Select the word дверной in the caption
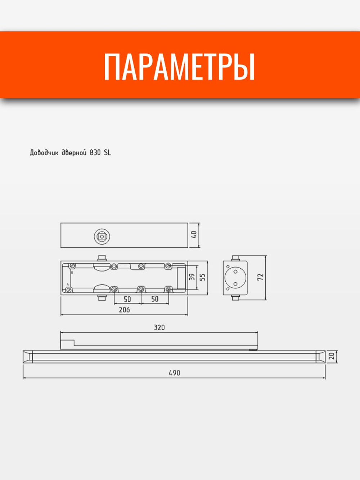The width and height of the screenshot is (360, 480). pos(73,153)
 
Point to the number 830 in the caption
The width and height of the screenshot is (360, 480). pos(95,153)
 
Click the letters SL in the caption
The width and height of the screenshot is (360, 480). pos(107,153)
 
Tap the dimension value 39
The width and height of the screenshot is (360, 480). pos(192,277)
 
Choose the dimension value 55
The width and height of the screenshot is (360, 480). pos(203,277)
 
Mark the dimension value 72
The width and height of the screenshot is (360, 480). pos(261,277)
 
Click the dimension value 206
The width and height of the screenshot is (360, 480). pos(124,310)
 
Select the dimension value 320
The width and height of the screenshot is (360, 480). pos(159,327)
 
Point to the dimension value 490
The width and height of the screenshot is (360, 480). pos(174,373)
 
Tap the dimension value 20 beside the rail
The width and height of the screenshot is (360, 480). pos(332,356)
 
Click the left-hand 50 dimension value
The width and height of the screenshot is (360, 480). pos(127,299)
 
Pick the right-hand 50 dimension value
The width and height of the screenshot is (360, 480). pos(154,299)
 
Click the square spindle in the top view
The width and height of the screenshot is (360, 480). pos(102,236)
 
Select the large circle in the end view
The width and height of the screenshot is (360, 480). pos(235,277)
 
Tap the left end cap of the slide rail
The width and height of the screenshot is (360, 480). pos(28,356)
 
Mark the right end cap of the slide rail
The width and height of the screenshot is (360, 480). pos(320,356)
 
